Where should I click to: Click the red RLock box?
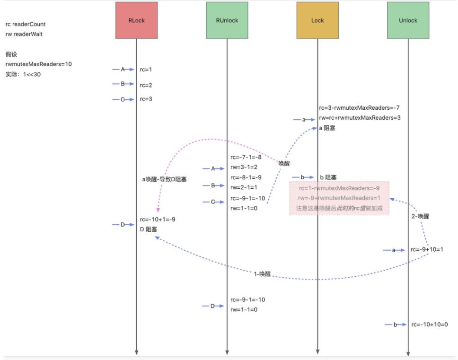click(x=136, y=20)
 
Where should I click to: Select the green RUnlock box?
click(x=227, y=20)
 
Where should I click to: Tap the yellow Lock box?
click(x=317, y=20)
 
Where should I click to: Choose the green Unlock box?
click(x=408, y=20)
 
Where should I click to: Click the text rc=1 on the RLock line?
click(x=146, y=70)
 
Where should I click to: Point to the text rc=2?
click(x=146, y=85)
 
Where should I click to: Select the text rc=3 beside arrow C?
click(x=146, y=99)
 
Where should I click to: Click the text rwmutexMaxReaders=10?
click(x=39, y=64)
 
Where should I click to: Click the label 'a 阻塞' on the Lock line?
click(x=327, y=128)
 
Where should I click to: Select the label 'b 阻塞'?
click(x=328, y=177)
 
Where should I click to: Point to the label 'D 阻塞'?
click(x=149, y=229)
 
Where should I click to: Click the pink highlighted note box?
click(x=339, y=198)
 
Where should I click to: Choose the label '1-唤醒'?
click(x=262, y=274)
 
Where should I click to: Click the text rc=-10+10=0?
click(x=430, y=325)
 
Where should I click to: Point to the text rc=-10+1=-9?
click(x=158, y=219)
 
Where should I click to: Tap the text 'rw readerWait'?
click(x=24, y=34)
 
